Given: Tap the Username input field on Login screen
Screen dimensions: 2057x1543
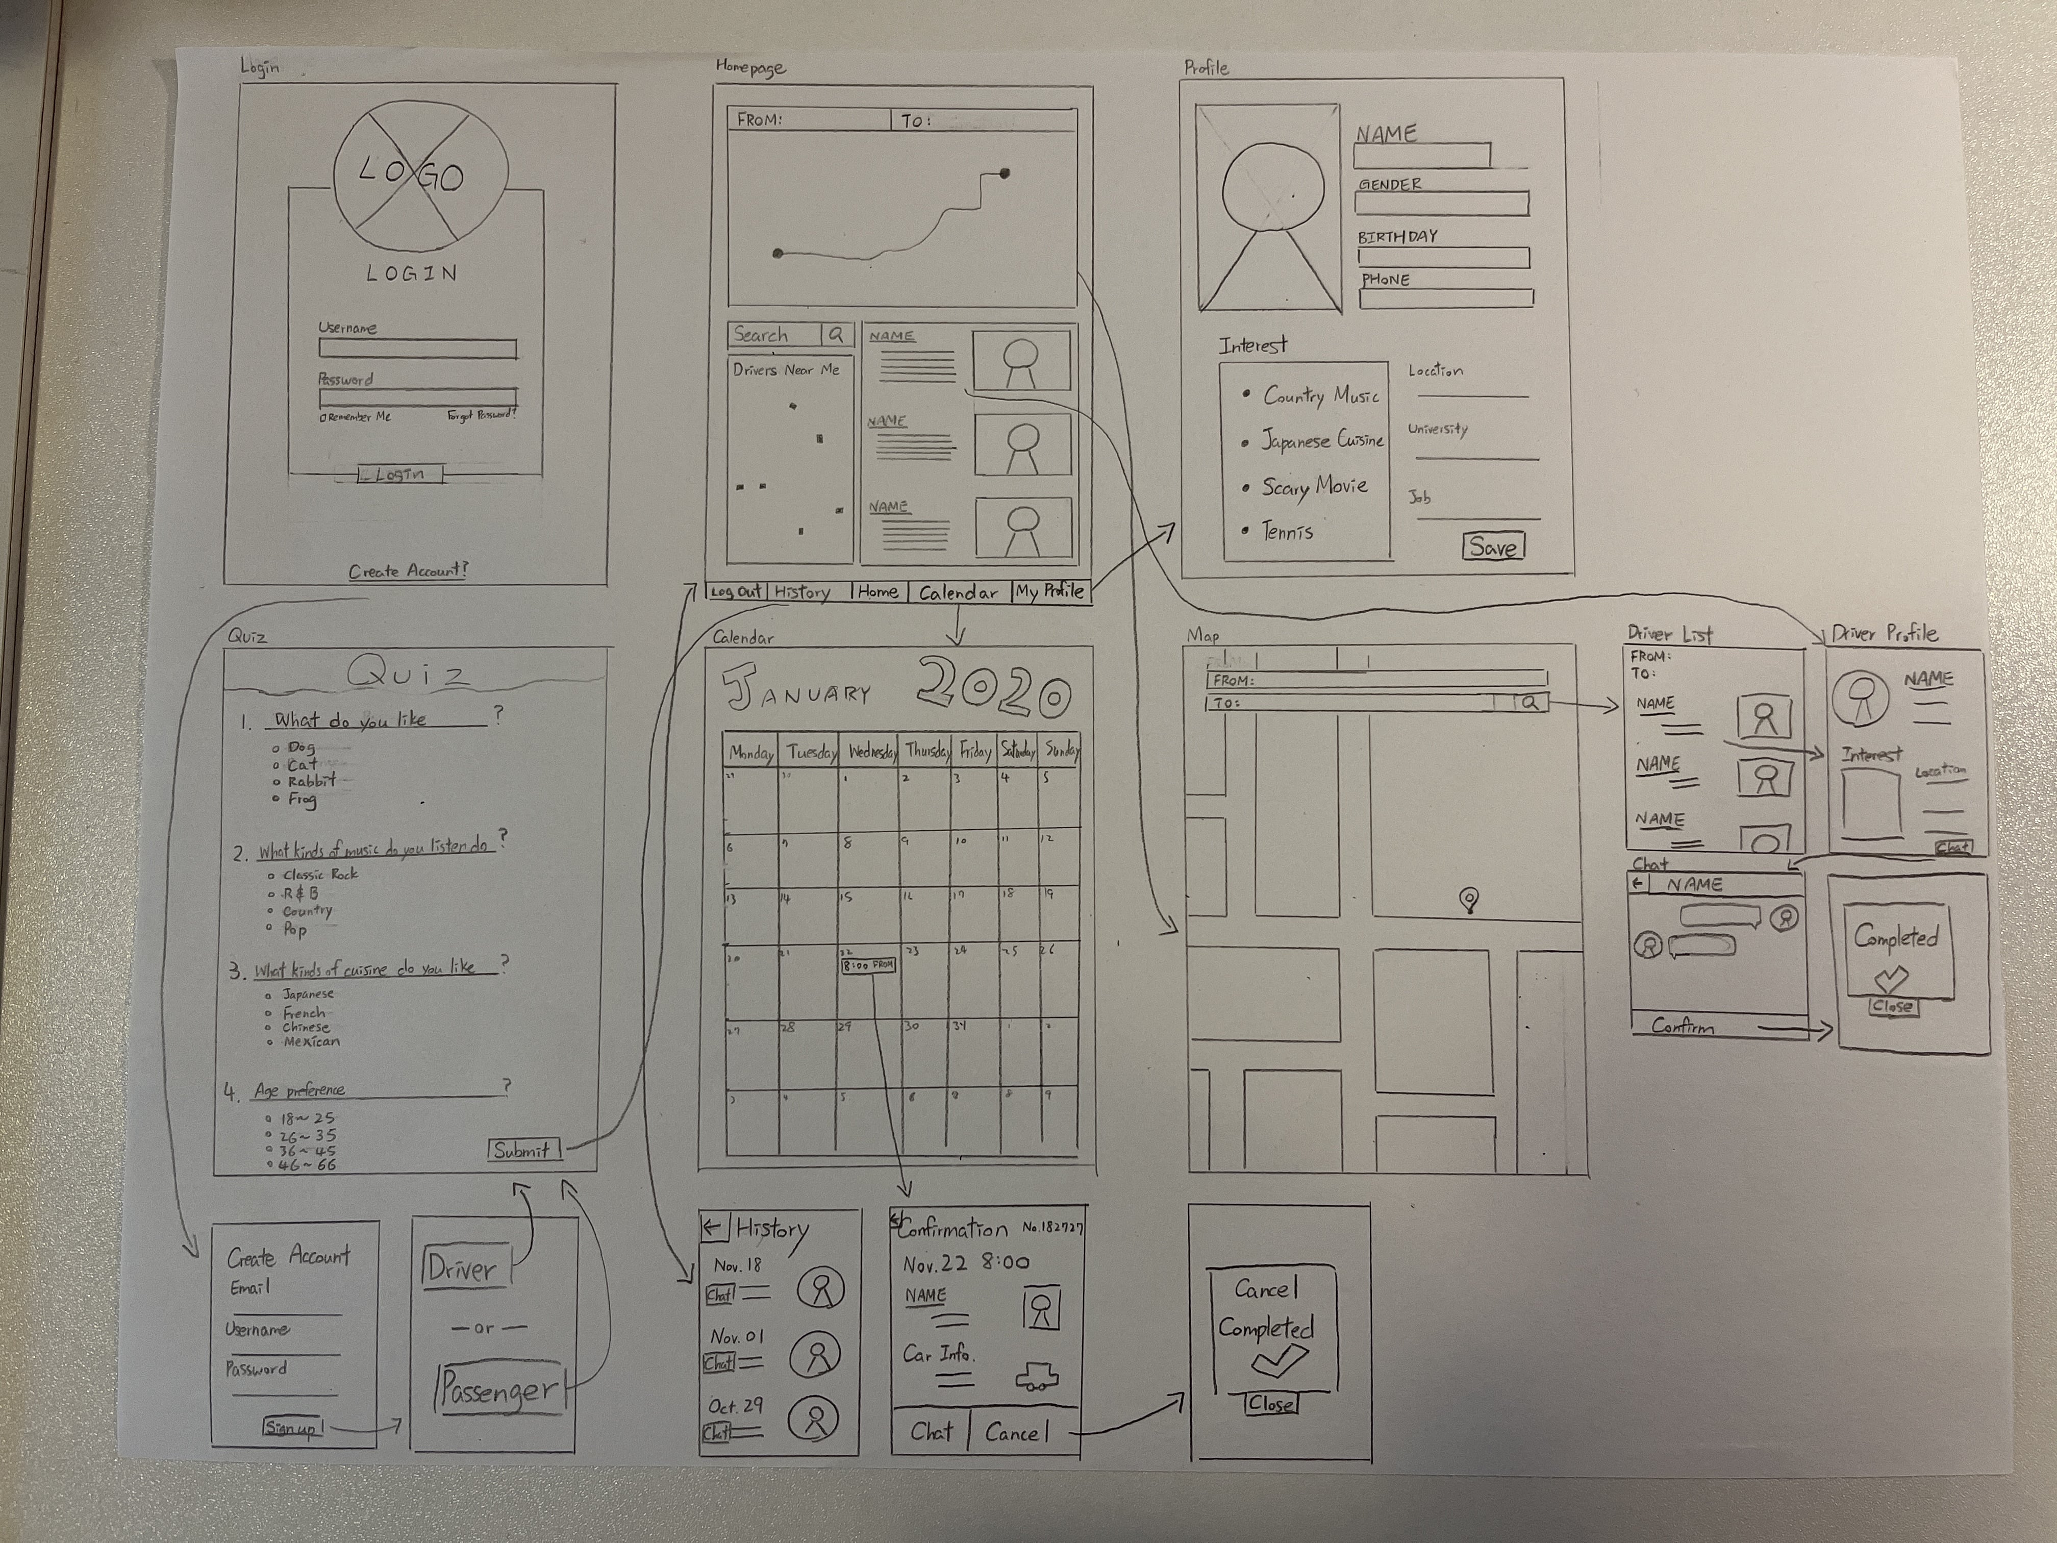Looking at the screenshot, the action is [417, 349].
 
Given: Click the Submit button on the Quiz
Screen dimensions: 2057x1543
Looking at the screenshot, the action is [522, 1151].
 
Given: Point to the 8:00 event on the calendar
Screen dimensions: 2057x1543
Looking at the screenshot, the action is [868, 965].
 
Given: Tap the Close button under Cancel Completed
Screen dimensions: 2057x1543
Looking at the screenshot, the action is [1270, 1404].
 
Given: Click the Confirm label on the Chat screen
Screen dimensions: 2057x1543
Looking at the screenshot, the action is [1683, 1027].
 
